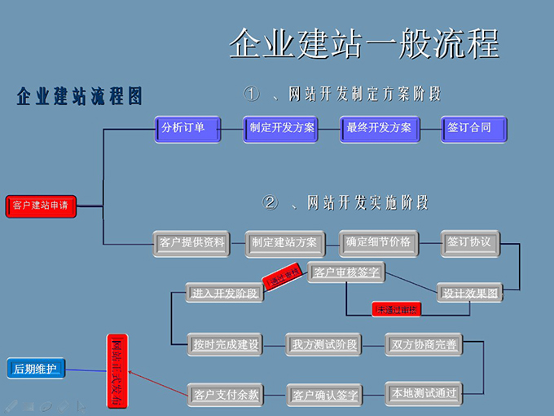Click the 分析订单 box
[x=188, y=129]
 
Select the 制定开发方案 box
[x=282, y=129]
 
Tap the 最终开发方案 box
[x=379, y=129]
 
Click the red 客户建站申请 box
[x=42, y=206]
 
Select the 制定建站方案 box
[x=284, y=243]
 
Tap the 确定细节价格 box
[x=378, y=243]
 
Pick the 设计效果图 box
[x=470, y=293]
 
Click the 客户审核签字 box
[x=346, y=273]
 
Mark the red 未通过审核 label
[x=397, y=309]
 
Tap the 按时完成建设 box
[x=225, y=345]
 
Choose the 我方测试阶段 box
[x=323, y=345]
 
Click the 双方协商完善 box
[x=424, y=345]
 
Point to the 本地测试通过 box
[x=424, y=393]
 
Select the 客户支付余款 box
[x=226, y=395]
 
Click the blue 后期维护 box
[x=36, y=370]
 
